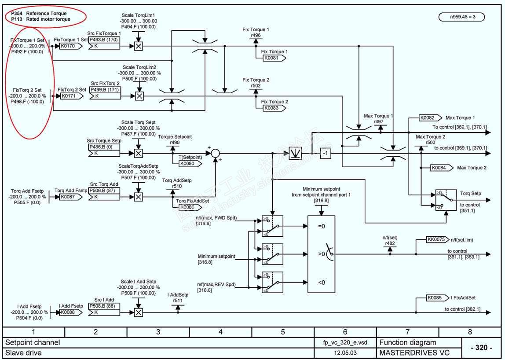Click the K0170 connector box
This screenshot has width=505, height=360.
69,45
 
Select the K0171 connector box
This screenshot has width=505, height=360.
69,96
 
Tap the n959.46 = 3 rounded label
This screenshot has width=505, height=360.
461,17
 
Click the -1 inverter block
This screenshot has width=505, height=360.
325,153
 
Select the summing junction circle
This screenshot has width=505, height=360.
215,153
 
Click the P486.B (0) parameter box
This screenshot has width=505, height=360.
104,147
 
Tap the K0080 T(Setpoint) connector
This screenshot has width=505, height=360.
190,163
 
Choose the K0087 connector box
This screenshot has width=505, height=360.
69,197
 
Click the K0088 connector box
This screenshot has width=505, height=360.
69,312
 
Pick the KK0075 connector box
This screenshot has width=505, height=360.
438,240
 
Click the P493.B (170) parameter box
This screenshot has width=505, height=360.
104,40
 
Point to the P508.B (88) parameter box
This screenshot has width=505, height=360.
104,306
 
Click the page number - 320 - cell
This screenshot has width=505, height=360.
481,348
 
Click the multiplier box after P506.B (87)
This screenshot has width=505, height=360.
138,197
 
